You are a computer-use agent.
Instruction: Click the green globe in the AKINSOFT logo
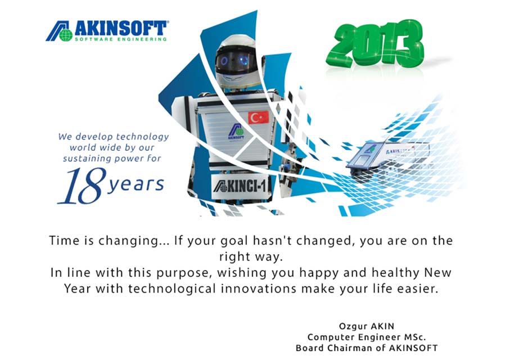(66, 35)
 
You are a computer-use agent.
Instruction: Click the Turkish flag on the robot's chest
(258, 117)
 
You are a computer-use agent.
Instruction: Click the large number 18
(82, 186)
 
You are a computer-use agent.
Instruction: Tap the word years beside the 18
(136, 184)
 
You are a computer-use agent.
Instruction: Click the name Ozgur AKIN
(367, 326)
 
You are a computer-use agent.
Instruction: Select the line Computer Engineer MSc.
(367, 337)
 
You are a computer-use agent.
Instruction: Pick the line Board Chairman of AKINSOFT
(367, 348)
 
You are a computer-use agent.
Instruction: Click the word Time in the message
(65, 241)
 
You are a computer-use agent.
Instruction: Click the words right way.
(251, 257)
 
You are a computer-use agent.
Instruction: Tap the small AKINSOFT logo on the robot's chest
(236, 132)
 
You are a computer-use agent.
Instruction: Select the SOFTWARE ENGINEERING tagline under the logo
(121, 39)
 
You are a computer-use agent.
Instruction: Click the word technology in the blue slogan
(142, 137)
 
